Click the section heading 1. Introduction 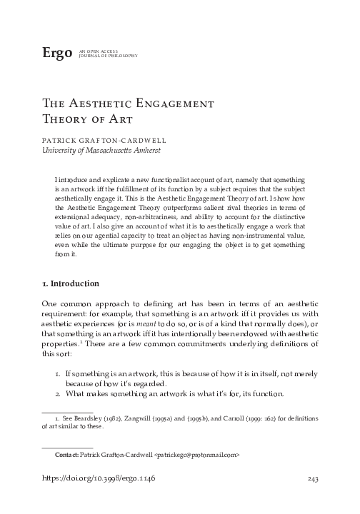(x=71, y=284)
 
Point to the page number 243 (x=310, y=479)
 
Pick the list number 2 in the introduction (x=58, y=394)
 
